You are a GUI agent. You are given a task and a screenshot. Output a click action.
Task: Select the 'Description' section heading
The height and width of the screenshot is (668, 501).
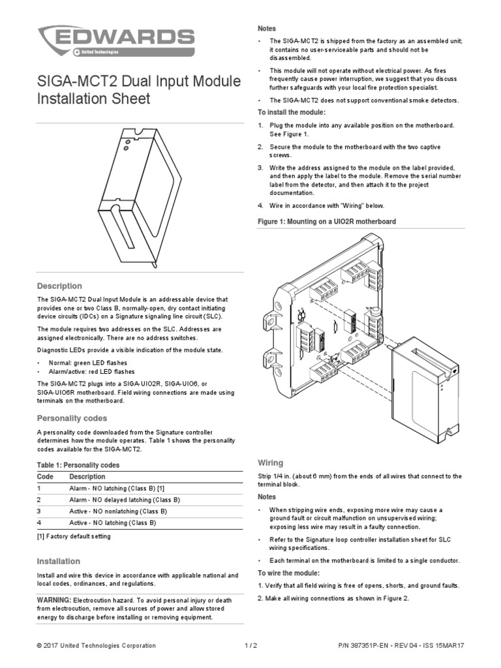pyautogui.click(x=59, y=286)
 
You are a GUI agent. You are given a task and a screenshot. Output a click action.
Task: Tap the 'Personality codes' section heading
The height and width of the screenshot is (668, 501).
pyautogui.click(x=72, y=417)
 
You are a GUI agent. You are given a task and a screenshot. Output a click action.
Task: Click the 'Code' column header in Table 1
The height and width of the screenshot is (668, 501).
pyautogui.click(x=44, y=476)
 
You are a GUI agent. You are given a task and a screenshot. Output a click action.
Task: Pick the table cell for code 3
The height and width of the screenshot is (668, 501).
pyautogui.click(x=39, y=511)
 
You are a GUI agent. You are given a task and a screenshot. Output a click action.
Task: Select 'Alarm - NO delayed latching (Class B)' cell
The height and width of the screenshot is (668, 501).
pyautogui.click(x=124, y=500)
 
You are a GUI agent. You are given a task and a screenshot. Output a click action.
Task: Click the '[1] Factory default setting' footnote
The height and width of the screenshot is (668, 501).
pyautogui.click(x=74, y=536)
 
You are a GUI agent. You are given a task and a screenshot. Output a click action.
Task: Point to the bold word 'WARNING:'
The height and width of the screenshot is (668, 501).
pyautogui.click(x=53, y=599)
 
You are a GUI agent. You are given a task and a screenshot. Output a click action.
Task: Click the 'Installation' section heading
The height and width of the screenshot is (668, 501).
pyautogui.click(x=59, y=561)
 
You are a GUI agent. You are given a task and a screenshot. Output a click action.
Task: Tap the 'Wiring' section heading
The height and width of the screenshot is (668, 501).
pyautogui.click(x=271, y=463)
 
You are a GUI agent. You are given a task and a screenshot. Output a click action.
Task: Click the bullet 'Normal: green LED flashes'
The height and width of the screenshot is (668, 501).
pyautogui.click(x=87, y=362)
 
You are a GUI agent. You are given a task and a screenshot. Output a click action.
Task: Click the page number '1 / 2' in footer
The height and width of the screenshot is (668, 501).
pyautogui.click(x=250, y=645)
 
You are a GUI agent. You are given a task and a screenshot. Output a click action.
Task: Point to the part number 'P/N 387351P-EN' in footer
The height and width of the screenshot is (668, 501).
pyautogui.click(x=369, y=645)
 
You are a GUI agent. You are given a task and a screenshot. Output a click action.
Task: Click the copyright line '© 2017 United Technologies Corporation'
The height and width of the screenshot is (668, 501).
pyautogui.click(x=97, y=645)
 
